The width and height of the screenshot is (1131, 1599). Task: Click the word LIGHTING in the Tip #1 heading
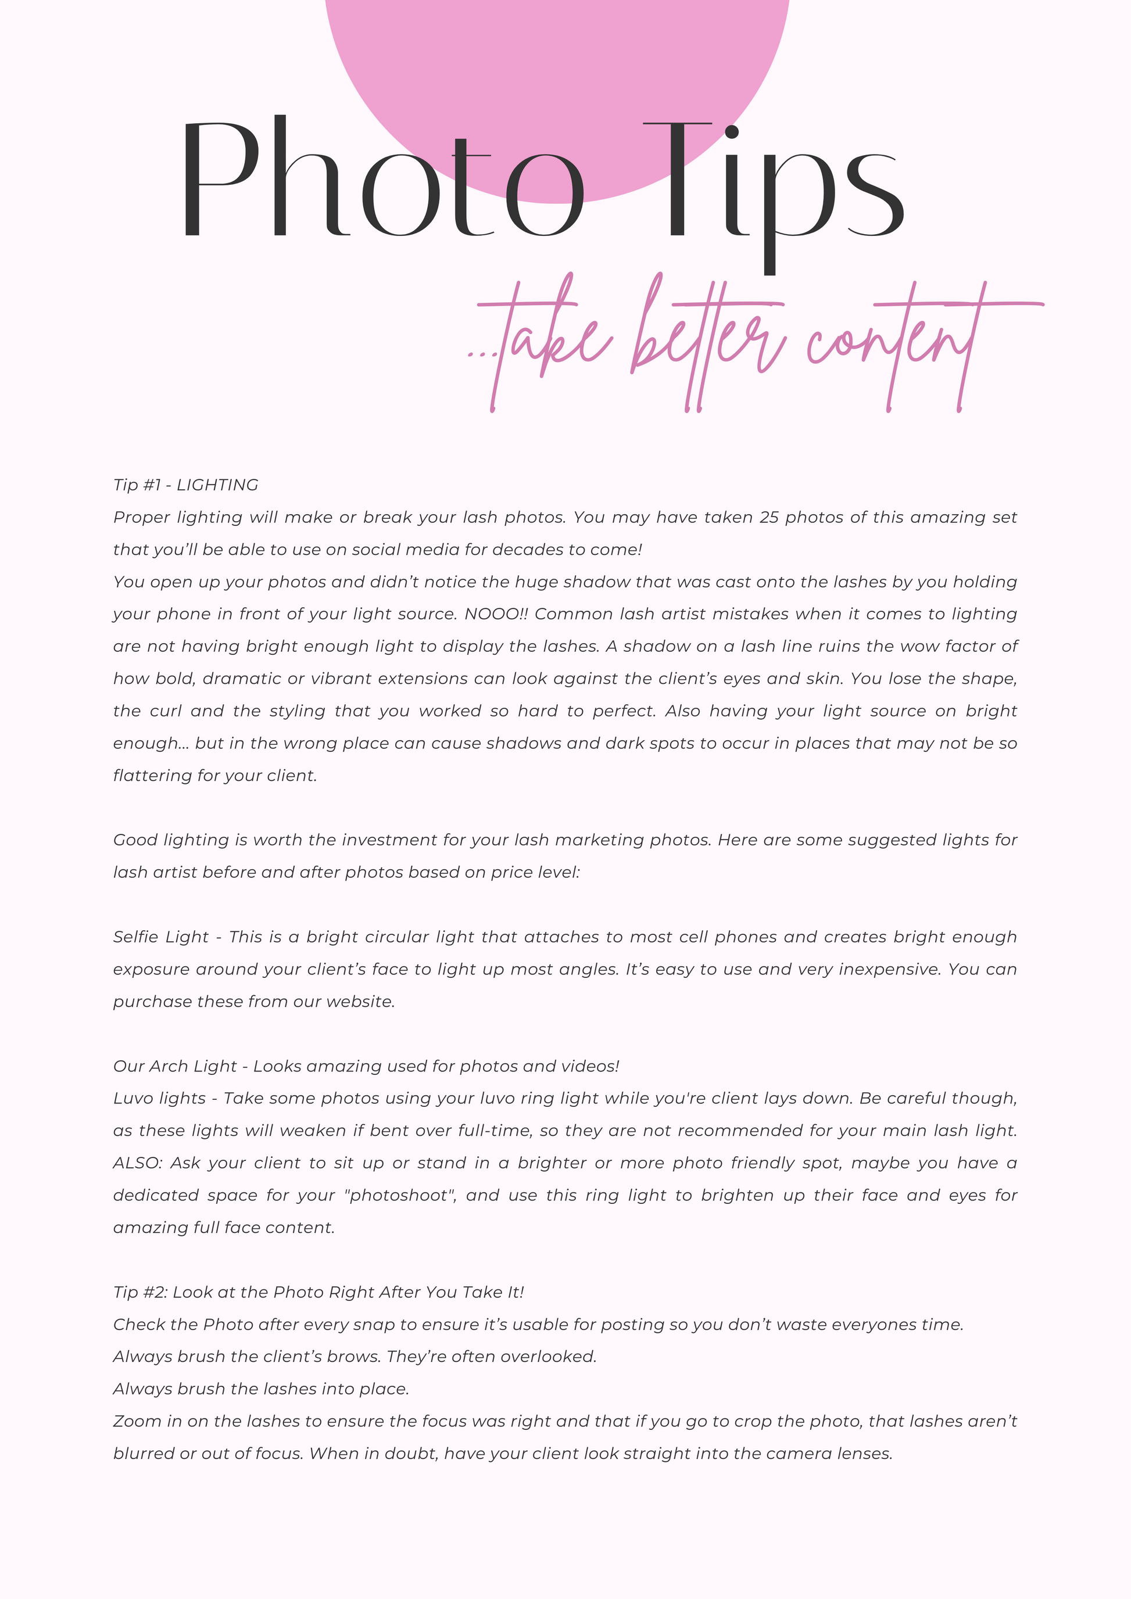pos(217,485)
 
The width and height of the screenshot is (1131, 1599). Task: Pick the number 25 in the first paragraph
pos(769,518)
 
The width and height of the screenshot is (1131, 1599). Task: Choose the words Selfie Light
pos(161,937)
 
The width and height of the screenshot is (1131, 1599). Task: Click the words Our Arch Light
pos(176,1066)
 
